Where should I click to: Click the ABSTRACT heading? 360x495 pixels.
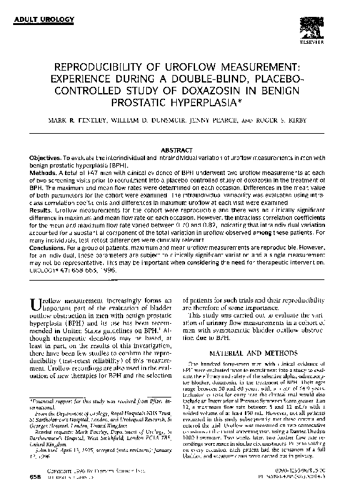179,151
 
